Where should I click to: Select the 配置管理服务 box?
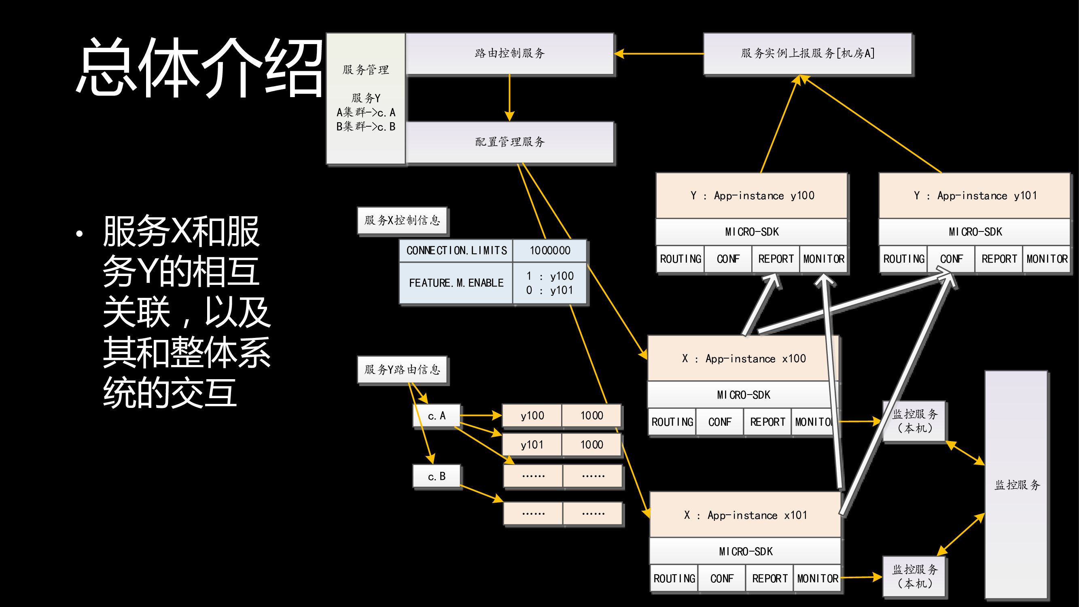(510, 142)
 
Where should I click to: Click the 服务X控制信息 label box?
(402, 221)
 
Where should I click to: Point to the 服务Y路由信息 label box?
(402, 369)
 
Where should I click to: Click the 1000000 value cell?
(549, 250)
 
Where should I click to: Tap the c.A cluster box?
(437, 416)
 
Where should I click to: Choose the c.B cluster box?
(437, 476)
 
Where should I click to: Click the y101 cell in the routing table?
(532, 445)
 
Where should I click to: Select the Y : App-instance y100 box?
(752, 195)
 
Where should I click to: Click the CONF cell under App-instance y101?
(951, 259)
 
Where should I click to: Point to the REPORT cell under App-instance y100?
(776, 259)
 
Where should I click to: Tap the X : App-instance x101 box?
(745, 515)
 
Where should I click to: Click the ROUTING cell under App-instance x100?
(672, 422)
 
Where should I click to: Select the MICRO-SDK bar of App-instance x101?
(745, 552)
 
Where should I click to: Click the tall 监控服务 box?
(1017, 485)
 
